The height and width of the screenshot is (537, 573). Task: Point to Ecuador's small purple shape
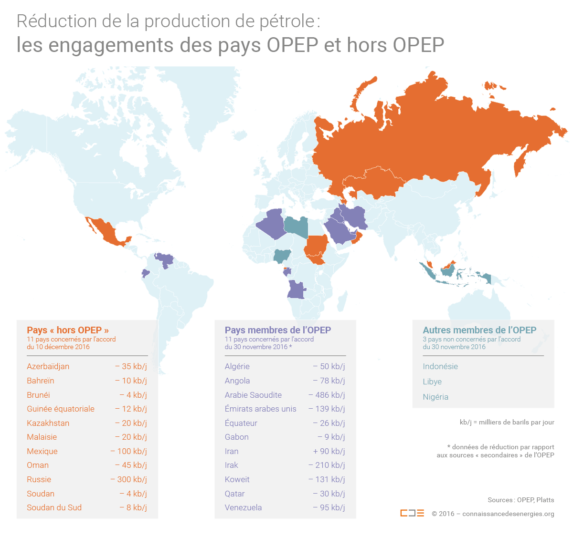coord(146,273)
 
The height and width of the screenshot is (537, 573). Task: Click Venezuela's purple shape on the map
coord(165,260)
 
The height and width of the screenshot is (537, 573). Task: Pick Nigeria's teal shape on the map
coord(282,256)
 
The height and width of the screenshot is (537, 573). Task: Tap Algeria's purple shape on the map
coord(272,223)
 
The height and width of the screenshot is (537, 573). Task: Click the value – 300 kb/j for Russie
coord(128,479)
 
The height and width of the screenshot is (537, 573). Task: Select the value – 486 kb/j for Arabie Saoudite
coord(327,395)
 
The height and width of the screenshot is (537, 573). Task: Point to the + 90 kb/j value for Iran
coord(329,451)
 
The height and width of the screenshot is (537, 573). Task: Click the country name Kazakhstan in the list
coord(48,423)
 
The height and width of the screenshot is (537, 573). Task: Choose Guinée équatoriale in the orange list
coord(61,409)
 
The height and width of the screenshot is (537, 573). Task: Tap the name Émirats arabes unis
coord(260,409)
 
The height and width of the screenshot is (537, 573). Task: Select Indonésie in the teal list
coord(440,366)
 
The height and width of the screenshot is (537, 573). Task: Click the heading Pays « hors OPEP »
coord(68,330)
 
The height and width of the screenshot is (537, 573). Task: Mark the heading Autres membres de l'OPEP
coord(479,330)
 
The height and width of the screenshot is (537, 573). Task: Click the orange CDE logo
coord(412,513)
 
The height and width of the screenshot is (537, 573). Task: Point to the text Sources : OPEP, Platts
coord(520,500)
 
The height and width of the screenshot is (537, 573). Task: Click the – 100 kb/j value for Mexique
coord(128,451)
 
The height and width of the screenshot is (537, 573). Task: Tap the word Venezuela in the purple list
coord(243,507)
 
